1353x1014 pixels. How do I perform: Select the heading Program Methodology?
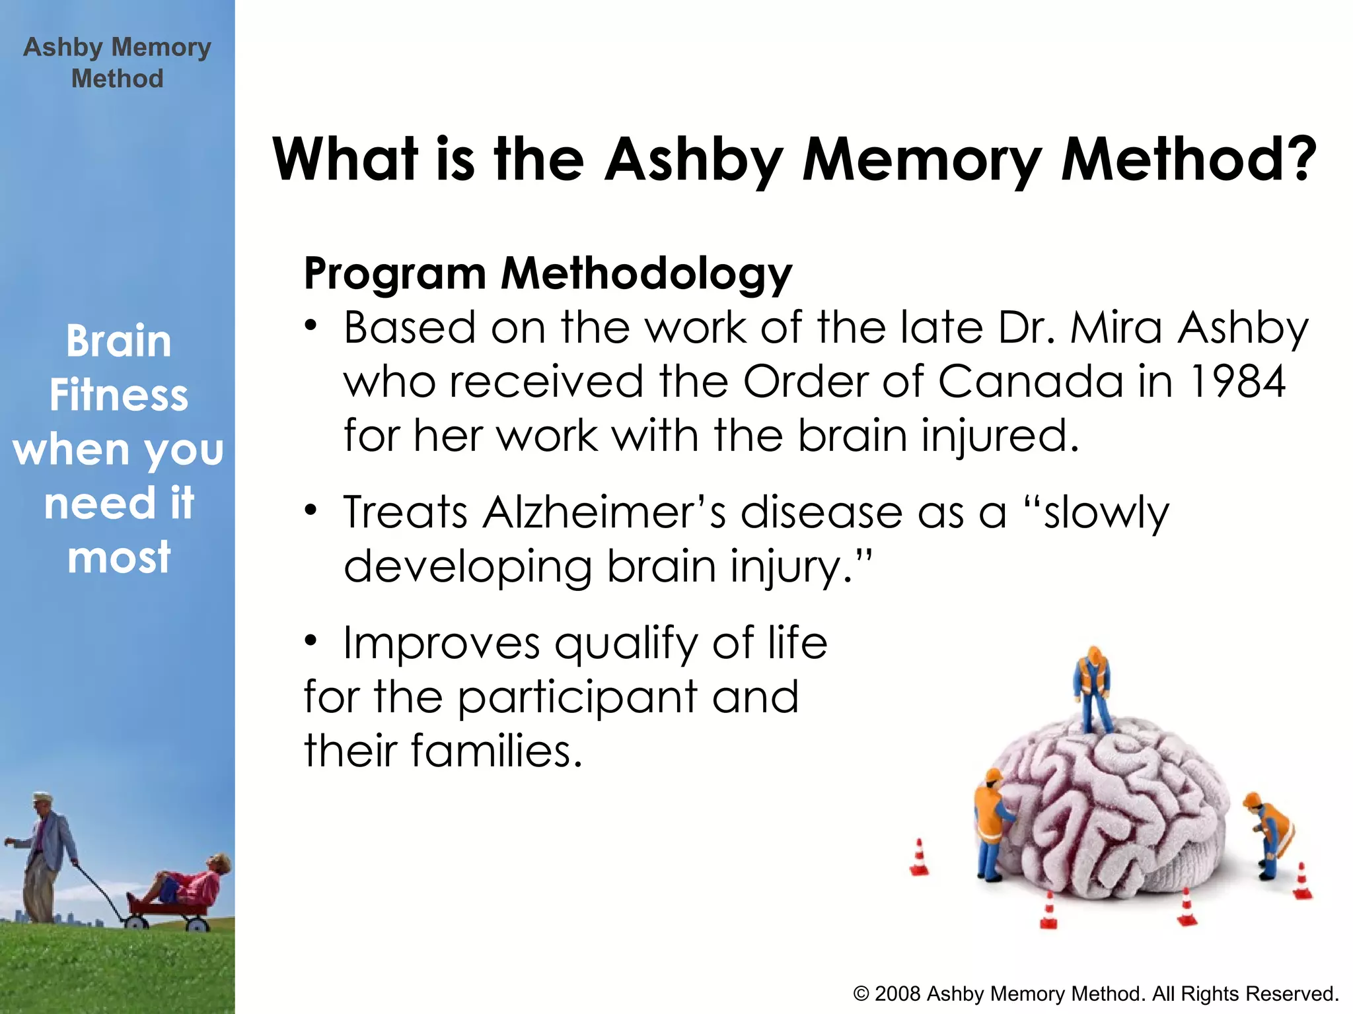(x=548, y=273)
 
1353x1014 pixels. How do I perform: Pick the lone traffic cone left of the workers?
(x=919, y=858)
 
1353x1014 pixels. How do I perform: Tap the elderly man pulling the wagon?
(x=46, y=858)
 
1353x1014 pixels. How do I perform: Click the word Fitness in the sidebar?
(x=119, y=395)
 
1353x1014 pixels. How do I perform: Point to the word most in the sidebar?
(x=119, y=557)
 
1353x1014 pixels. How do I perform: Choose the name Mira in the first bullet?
(x=1115, y=327)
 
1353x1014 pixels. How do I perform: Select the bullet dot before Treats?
(x=311, y=511)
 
